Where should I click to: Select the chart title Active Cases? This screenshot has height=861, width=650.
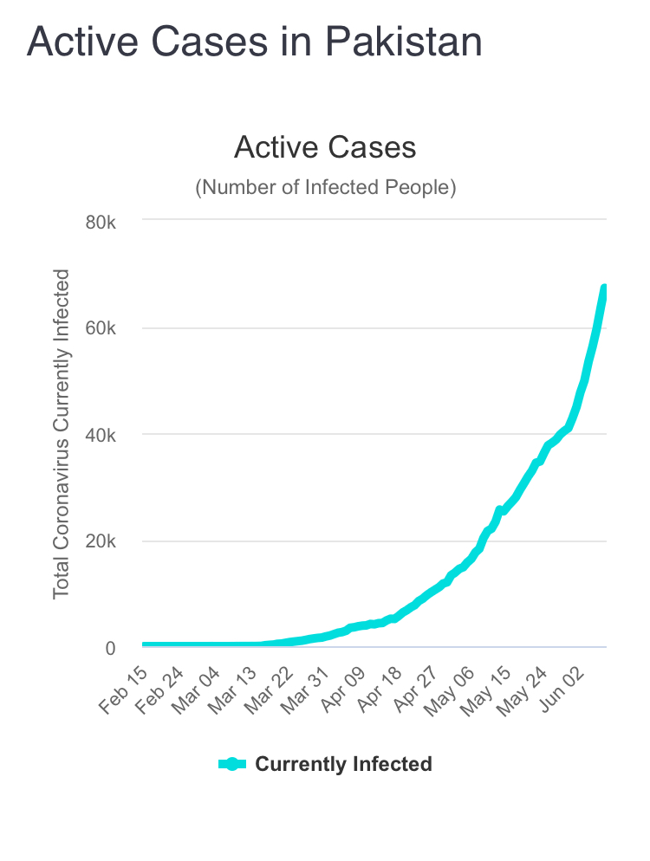[x=325, y=147]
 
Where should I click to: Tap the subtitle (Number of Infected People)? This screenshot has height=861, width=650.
[x=325, y=187]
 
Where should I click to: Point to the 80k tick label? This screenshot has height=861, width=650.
[x=100, y=222]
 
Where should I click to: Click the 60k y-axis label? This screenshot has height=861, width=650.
[x=100, y=328]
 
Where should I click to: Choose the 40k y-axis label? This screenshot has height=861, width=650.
[x=100, y=435]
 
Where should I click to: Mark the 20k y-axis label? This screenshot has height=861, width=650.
[x=100, y=541]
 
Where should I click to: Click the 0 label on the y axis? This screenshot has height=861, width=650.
[x=110, y=648]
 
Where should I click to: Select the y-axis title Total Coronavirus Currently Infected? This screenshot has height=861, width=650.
[x=61, y=433]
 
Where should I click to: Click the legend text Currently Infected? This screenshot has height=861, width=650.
[x=343, y=764]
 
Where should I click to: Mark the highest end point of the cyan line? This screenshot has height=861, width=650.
[x=605, y=289]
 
